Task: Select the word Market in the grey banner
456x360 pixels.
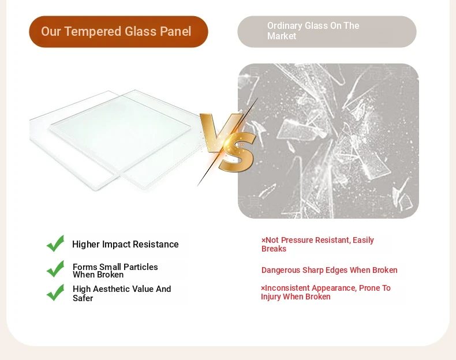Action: click(x=282, y=36)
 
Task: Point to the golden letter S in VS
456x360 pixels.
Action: click(x=237, y=152)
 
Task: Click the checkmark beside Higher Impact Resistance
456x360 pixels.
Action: click(x=55, y=243)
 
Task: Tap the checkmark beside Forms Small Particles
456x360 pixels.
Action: click(x=55, y=269)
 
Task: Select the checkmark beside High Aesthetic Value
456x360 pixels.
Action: click(x=55, y=292)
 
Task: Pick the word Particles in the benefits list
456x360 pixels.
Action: click(x=141, y=267)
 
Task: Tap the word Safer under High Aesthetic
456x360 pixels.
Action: click(x=83, y=298)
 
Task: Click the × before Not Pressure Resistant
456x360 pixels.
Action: click(x=263, y=241)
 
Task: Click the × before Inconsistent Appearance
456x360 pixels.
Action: click(x=263, y=288)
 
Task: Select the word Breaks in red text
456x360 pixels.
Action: click(x=274, y=249)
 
